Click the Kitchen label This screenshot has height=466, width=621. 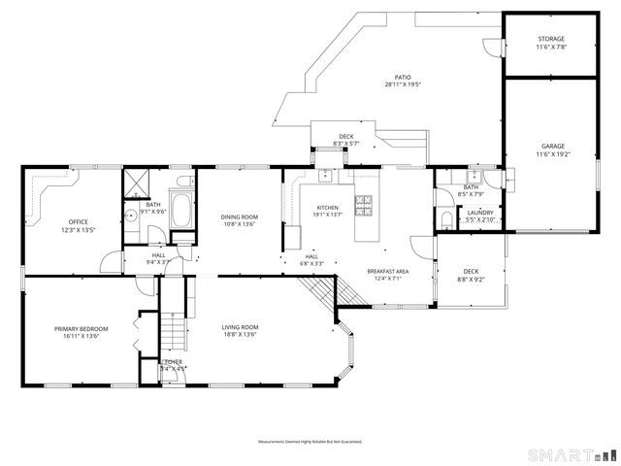(x=328, y=210)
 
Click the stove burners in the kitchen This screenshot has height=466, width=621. (x=365, y=204)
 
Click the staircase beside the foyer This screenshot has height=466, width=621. (x=173, y=331)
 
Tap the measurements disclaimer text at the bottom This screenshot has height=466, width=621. (x=310, y=442)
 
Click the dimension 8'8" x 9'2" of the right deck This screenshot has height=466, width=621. (x=471, y=280)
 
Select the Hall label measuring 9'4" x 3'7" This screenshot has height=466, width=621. (x=157, y=259)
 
